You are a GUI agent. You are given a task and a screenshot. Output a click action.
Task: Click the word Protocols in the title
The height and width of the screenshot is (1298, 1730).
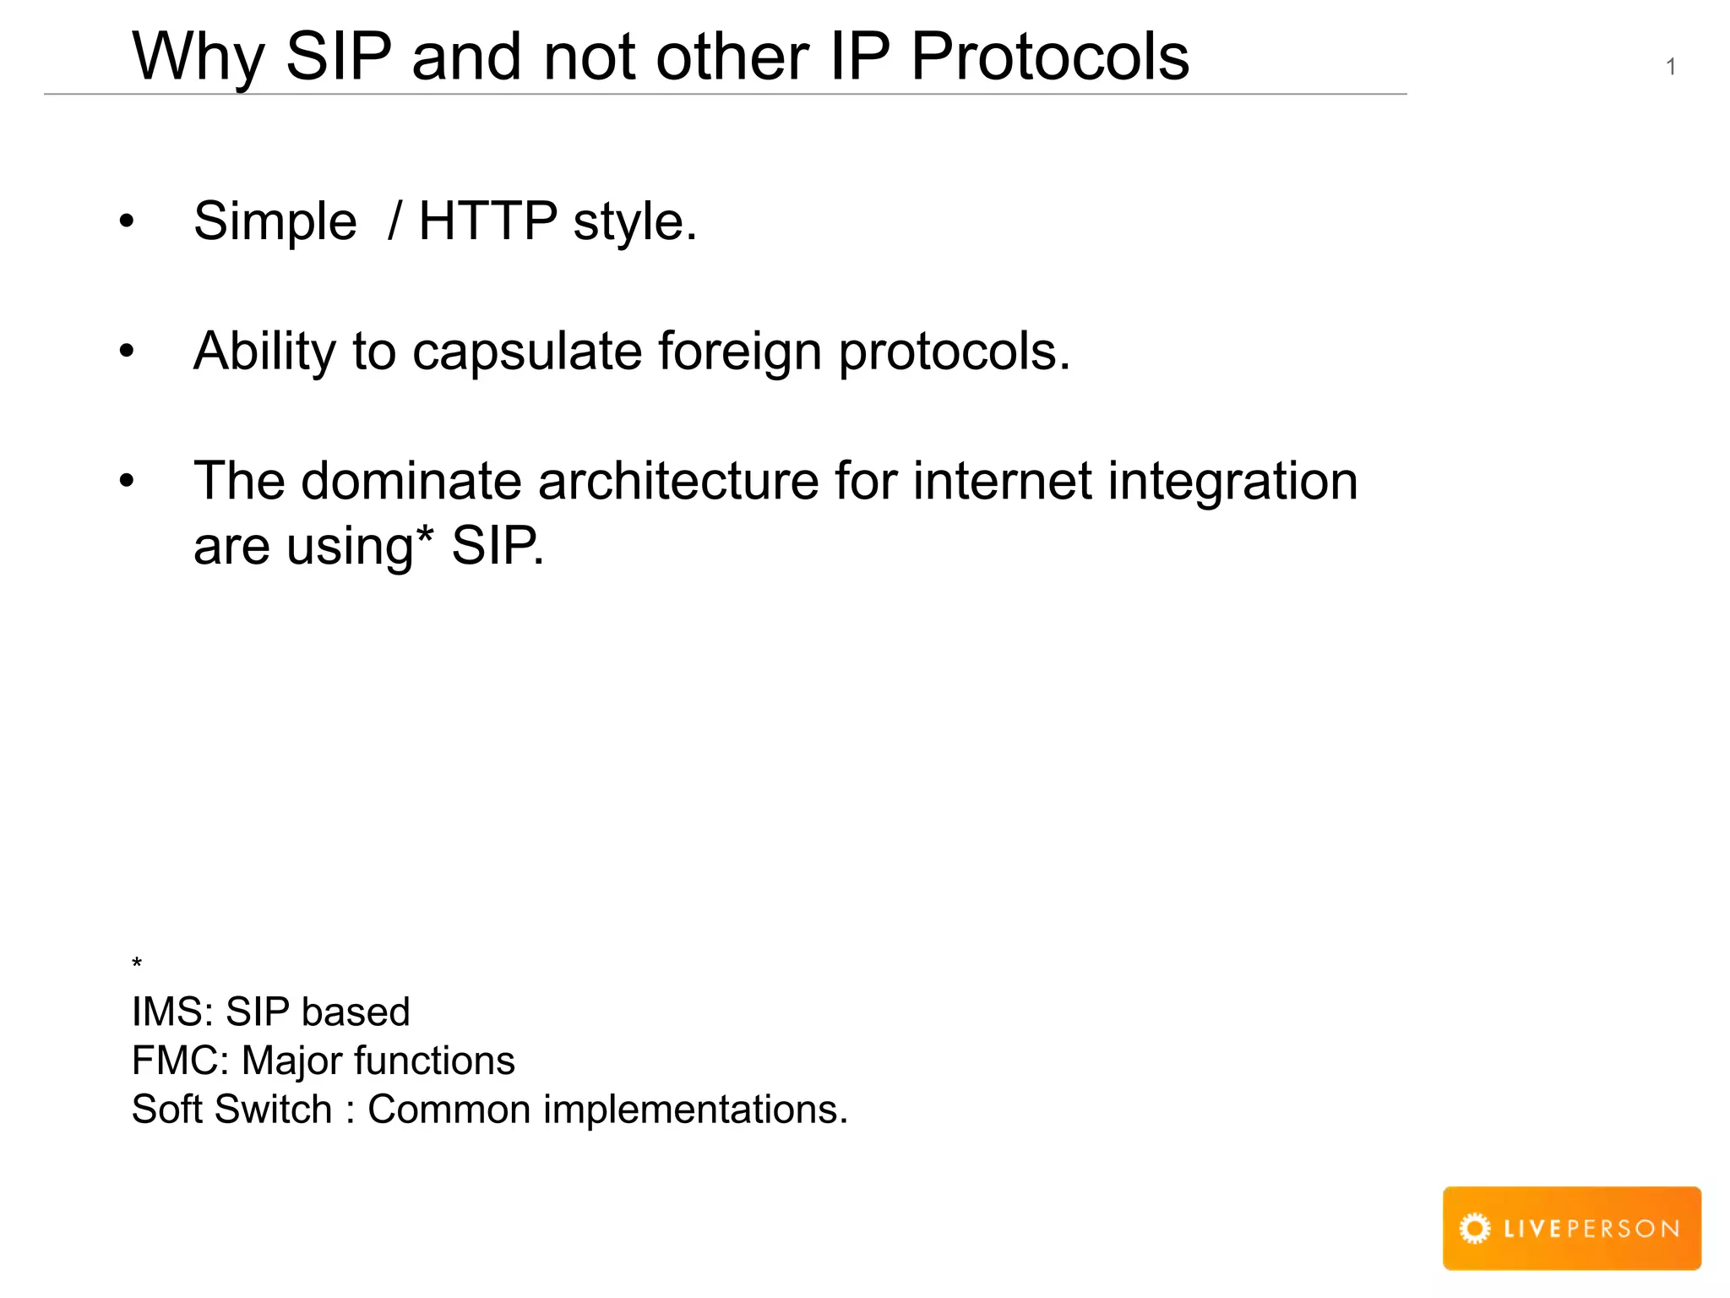tap(1049, 57)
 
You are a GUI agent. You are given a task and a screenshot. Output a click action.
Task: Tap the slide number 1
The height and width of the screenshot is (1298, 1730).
tap(1670, 67)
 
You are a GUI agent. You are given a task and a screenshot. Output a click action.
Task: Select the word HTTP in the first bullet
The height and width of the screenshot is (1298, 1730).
tap(487, 221)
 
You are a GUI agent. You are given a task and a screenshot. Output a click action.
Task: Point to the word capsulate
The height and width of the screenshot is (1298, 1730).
tap(526, 352)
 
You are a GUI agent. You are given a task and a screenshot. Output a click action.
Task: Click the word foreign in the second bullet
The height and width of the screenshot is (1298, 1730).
tap(739, 352)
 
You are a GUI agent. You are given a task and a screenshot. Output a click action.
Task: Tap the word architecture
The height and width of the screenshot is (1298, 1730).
tap(678, 481)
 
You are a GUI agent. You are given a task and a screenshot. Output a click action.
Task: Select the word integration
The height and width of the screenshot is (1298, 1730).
tap(1232, 483)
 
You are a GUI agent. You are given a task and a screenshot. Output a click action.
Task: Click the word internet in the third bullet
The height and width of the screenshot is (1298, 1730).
tap(1003, 481)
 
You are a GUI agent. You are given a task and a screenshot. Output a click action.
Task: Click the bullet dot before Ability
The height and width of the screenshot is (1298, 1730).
tap(127, 351)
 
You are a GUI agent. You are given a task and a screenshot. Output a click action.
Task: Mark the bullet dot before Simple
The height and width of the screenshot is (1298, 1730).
tap(127, 221)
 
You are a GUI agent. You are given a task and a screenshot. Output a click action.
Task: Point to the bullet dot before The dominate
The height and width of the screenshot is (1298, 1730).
tap(127, 481)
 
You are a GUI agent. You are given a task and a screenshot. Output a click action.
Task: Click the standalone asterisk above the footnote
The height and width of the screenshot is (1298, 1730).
tap(137, 963)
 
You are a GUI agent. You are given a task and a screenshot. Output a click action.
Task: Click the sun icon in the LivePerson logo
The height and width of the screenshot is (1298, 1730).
tap(1475, 1228)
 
